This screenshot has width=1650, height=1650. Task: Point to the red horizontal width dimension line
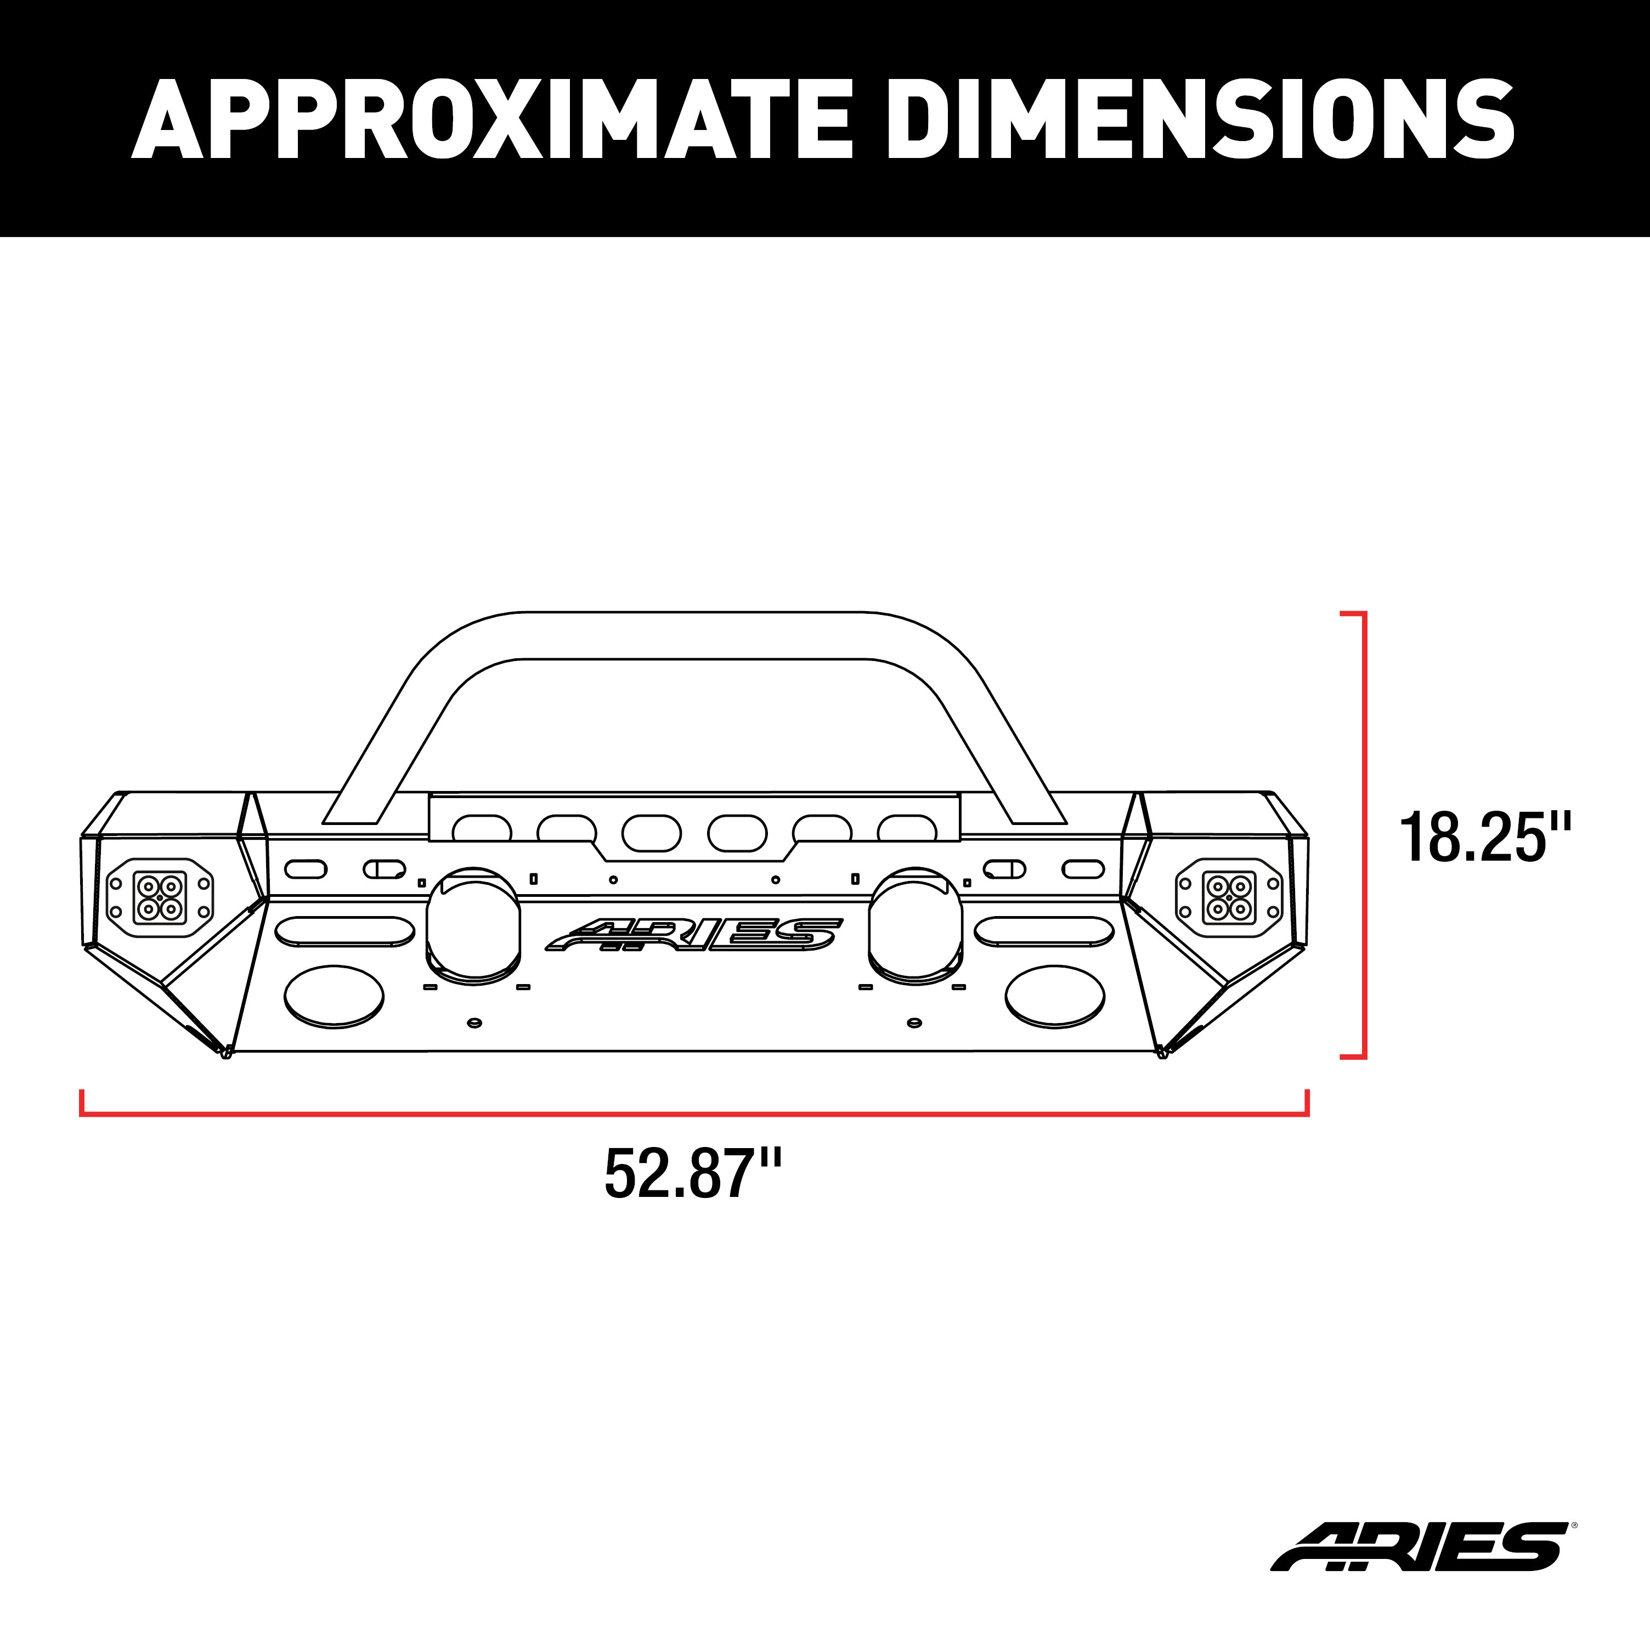[693, 1114]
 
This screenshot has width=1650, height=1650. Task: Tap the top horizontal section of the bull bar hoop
[693, 635]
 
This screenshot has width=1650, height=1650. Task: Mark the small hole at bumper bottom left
[475, 1022]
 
